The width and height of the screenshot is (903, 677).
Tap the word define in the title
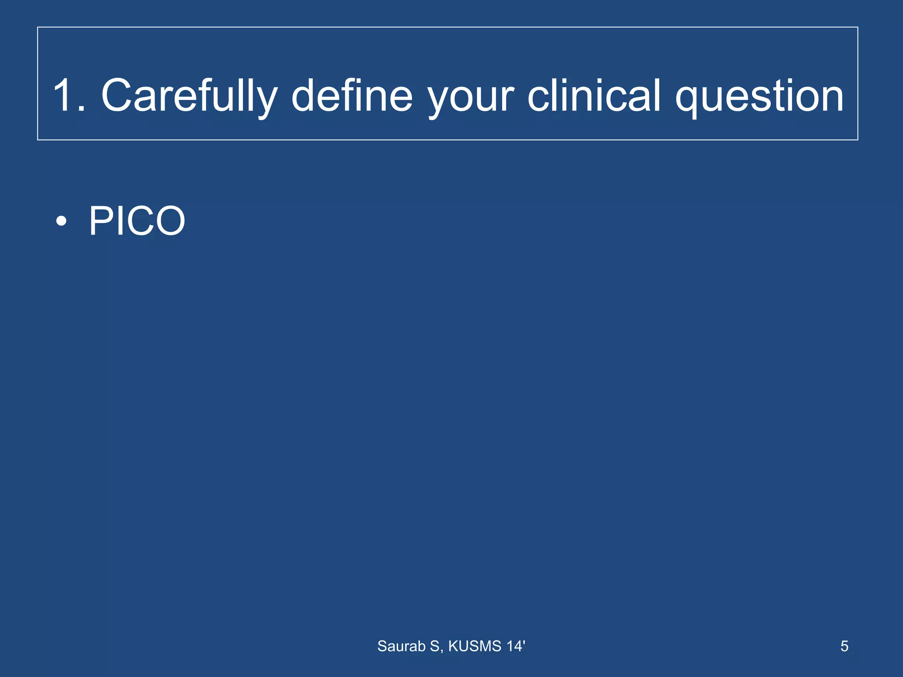[352, 96]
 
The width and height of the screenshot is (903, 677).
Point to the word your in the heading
[471, 99]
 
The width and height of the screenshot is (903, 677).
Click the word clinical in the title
[594, 96]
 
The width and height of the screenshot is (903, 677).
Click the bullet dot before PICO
[62, 221]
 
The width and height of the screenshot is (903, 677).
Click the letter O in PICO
[169, 221]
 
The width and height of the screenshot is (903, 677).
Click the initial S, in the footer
[437, 646]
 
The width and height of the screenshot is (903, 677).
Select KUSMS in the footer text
[475, 646]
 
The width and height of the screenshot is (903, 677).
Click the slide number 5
[844, 646]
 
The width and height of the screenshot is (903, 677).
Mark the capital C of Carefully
[117, 96]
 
